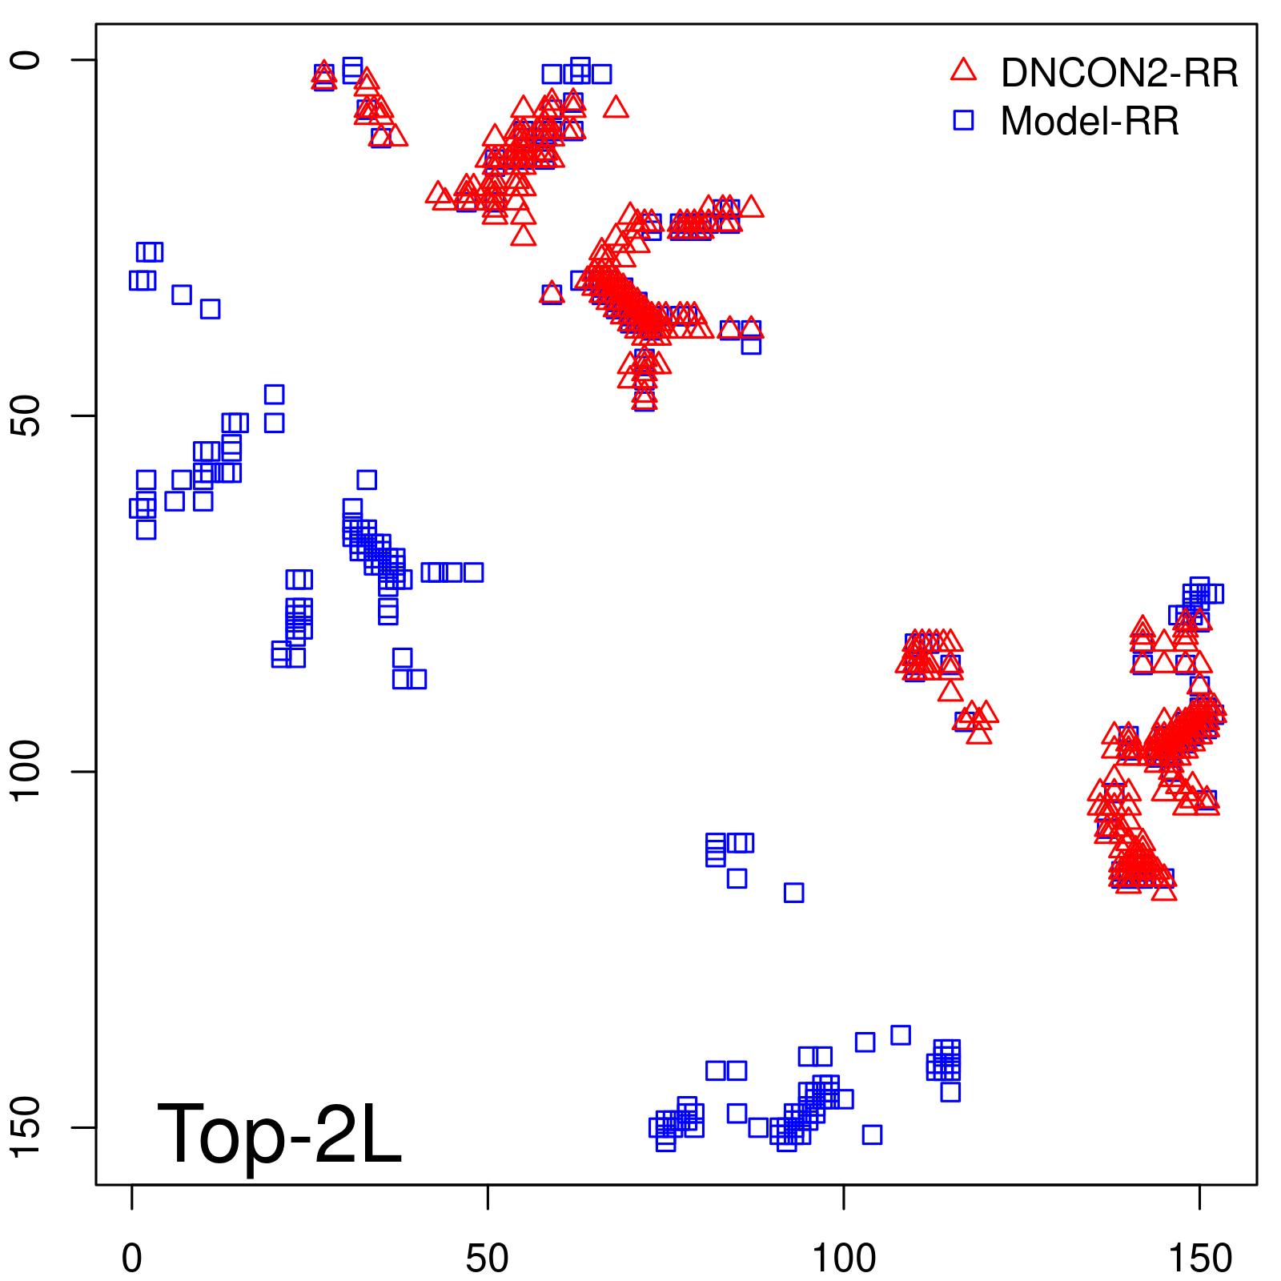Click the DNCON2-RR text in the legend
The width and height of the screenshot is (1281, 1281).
1118,74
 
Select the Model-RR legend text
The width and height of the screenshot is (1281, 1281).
1090,122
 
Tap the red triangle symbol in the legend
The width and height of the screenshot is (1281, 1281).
963,70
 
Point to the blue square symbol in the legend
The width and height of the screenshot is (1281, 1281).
963,120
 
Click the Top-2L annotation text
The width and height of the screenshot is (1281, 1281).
279,1135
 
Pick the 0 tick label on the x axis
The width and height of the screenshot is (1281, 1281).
132,1258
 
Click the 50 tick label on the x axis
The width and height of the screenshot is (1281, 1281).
488,1258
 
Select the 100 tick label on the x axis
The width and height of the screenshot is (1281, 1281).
844,1258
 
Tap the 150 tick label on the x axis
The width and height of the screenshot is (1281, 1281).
1199,1258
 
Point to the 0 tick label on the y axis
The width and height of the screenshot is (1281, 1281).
26,60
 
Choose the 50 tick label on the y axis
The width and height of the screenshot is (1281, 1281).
26,416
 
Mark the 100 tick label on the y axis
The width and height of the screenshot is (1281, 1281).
26,771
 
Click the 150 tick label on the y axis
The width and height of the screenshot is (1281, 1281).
26,1126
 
